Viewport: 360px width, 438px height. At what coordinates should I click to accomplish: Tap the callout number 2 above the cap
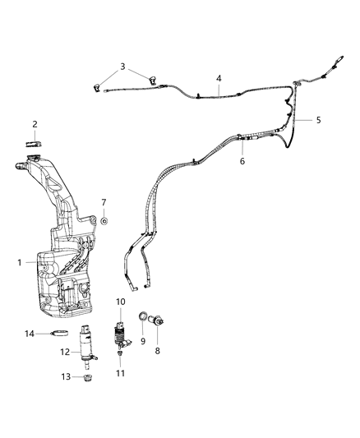tap(35, 125)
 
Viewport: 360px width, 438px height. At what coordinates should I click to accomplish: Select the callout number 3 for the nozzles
tap(122, 67)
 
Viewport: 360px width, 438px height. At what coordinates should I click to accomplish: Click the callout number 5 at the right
tap(318, 120)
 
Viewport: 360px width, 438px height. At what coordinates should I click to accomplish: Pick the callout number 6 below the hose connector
tap(242, 162)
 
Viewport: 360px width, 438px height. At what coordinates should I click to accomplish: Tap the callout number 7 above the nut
tap(104, 202)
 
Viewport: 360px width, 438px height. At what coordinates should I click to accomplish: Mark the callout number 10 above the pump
tap(120, 302)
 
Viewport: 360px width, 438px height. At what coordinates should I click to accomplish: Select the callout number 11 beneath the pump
tap(120, 373)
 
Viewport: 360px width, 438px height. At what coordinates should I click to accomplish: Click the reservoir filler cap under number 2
tap(35, 144)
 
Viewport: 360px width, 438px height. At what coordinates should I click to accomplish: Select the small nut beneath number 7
tap(105, 220)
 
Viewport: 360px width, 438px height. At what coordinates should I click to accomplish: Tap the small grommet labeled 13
tap(88, 378)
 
